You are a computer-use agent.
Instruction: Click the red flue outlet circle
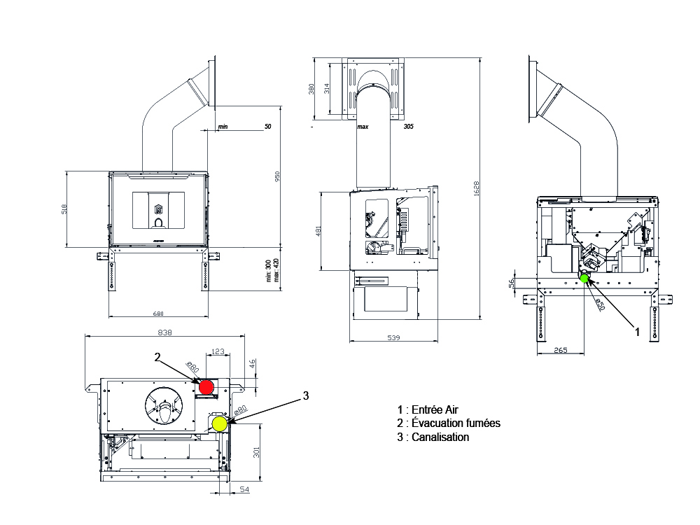[206, 387]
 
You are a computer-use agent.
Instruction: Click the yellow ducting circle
[220, 424]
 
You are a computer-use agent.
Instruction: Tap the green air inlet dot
[584, 278]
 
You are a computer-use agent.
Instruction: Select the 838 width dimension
[164, 332]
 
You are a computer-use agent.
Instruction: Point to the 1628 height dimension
[476, 188]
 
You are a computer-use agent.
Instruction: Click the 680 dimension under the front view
[158, 314]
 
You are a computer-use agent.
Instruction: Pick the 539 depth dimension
[393, 338]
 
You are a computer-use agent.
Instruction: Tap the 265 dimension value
[560, 350]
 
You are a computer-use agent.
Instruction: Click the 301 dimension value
[256, 452]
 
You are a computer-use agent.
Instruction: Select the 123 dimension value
[218, 351]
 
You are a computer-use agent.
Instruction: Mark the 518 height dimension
[64, 209]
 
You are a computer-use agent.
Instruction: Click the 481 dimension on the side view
[318, 231]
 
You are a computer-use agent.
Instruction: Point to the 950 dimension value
[277, 177]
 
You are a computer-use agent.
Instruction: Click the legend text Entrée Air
[435, 409]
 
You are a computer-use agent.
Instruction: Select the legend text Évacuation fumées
[456, 423]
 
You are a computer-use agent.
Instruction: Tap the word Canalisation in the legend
[440, 437]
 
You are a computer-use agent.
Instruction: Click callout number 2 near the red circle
[157, 357]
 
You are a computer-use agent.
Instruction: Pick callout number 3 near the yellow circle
[306, 395]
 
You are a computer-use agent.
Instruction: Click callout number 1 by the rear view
[638, 332]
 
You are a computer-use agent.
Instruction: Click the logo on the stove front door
[158, 209]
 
